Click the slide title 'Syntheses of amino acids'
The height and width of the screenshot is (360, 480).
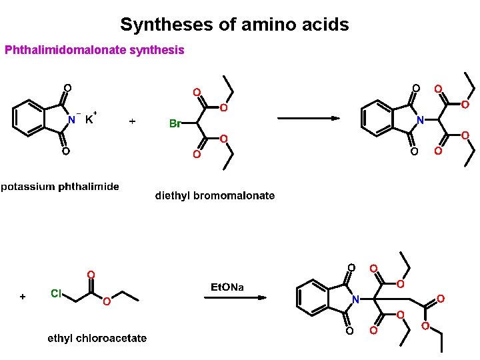click(x=234, y=25)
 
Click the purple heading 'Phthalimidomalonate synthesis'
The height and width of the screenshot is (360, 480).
click(x=94, y=50)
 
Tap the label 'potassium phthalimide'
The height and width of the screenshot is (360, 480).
click(x=60, y=187)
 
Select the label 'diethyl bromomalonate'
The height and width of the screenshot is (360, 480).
click(x=215, y=195)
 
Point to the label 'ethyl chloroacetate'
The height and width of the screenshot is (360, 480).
click(x=97, y=339)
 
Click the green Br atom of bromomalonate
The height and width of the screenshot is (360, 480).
click(x=175, y=123)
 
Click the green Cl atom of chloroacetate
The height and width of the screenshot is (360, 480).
click(x=57, y=293)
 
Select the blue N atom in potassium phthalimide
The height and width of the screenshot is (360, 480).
click(x=71, y=120)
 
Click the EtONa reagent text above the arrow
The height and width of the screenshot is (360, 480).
click(x=227, y=287)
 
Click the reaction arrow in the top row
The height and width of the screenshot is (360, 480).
click(x=308, y=119)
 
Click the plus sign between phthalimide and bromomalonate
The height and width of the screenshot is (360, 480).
click(x=132, y=121)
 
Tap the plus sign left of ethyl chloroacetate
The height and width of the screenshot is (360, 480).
click(x=23, y=296)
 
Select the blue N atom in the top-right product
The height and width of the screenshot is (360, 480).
click(x=420, y=120)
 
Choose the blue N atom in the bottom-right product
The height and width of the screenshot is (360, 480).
click(x=355, y=299)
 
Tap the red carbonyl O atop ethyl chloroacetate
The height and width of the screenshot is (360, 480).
click(x=91, y=275)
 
